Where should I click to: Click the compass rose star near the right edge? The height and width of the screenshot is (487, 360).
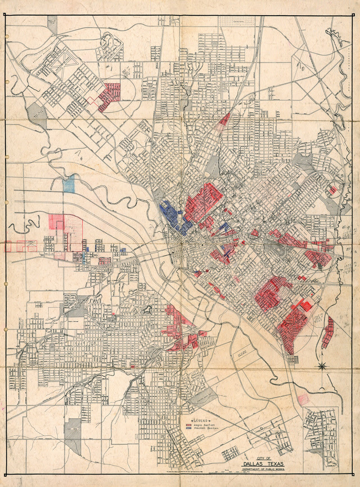click(323, 367)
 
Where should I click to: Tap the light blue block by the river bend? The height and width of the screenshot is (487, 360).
click(69, 184)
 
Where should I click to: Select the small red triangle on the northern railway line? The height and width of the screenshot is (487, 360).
click(225, 119)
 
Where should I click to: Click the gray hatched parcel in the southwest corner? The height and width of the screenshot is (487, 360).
click(73, 436)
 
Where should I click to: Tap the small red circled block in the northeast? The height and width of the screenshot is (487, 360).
click(333, 190)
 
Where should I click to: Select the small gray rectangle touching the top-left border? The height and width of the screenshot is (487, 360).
click(52, 24)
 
